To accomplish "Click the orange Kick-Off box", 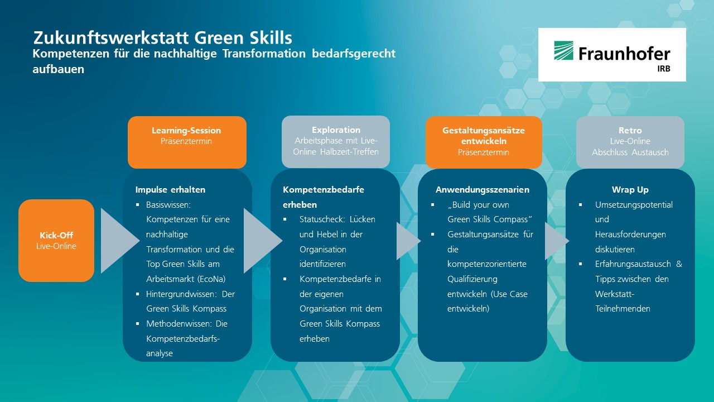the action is pos(56,241).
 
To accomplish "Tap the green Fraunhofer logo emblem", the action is pos(563,50).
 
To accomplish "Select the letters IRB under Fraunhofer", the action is pos(664,69).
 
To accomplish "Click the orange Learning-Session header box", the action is pos(187,142).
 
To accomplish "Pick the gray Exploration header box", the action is pos(336,142).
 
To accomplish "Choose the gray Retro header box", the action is pos(630,142).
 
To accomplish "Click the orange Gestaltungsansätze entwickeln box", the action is pos(484,142).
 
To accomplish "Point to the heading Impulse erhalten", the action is pos(170,189).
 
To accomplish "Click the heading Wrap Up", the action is pos(630,190).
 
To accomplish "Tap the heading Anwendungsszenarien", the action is pos(483,190).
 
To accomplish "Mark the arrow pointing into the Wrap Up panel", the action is pos(557,241).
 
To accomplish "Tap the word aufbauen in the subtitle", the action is pos(59,69).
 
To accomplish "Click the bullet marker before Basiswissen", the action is pos(138,204).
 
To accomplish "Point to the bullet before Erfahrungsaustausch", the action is pos(581,264).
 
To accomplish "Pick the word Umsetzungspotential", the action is pos(634,205).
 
